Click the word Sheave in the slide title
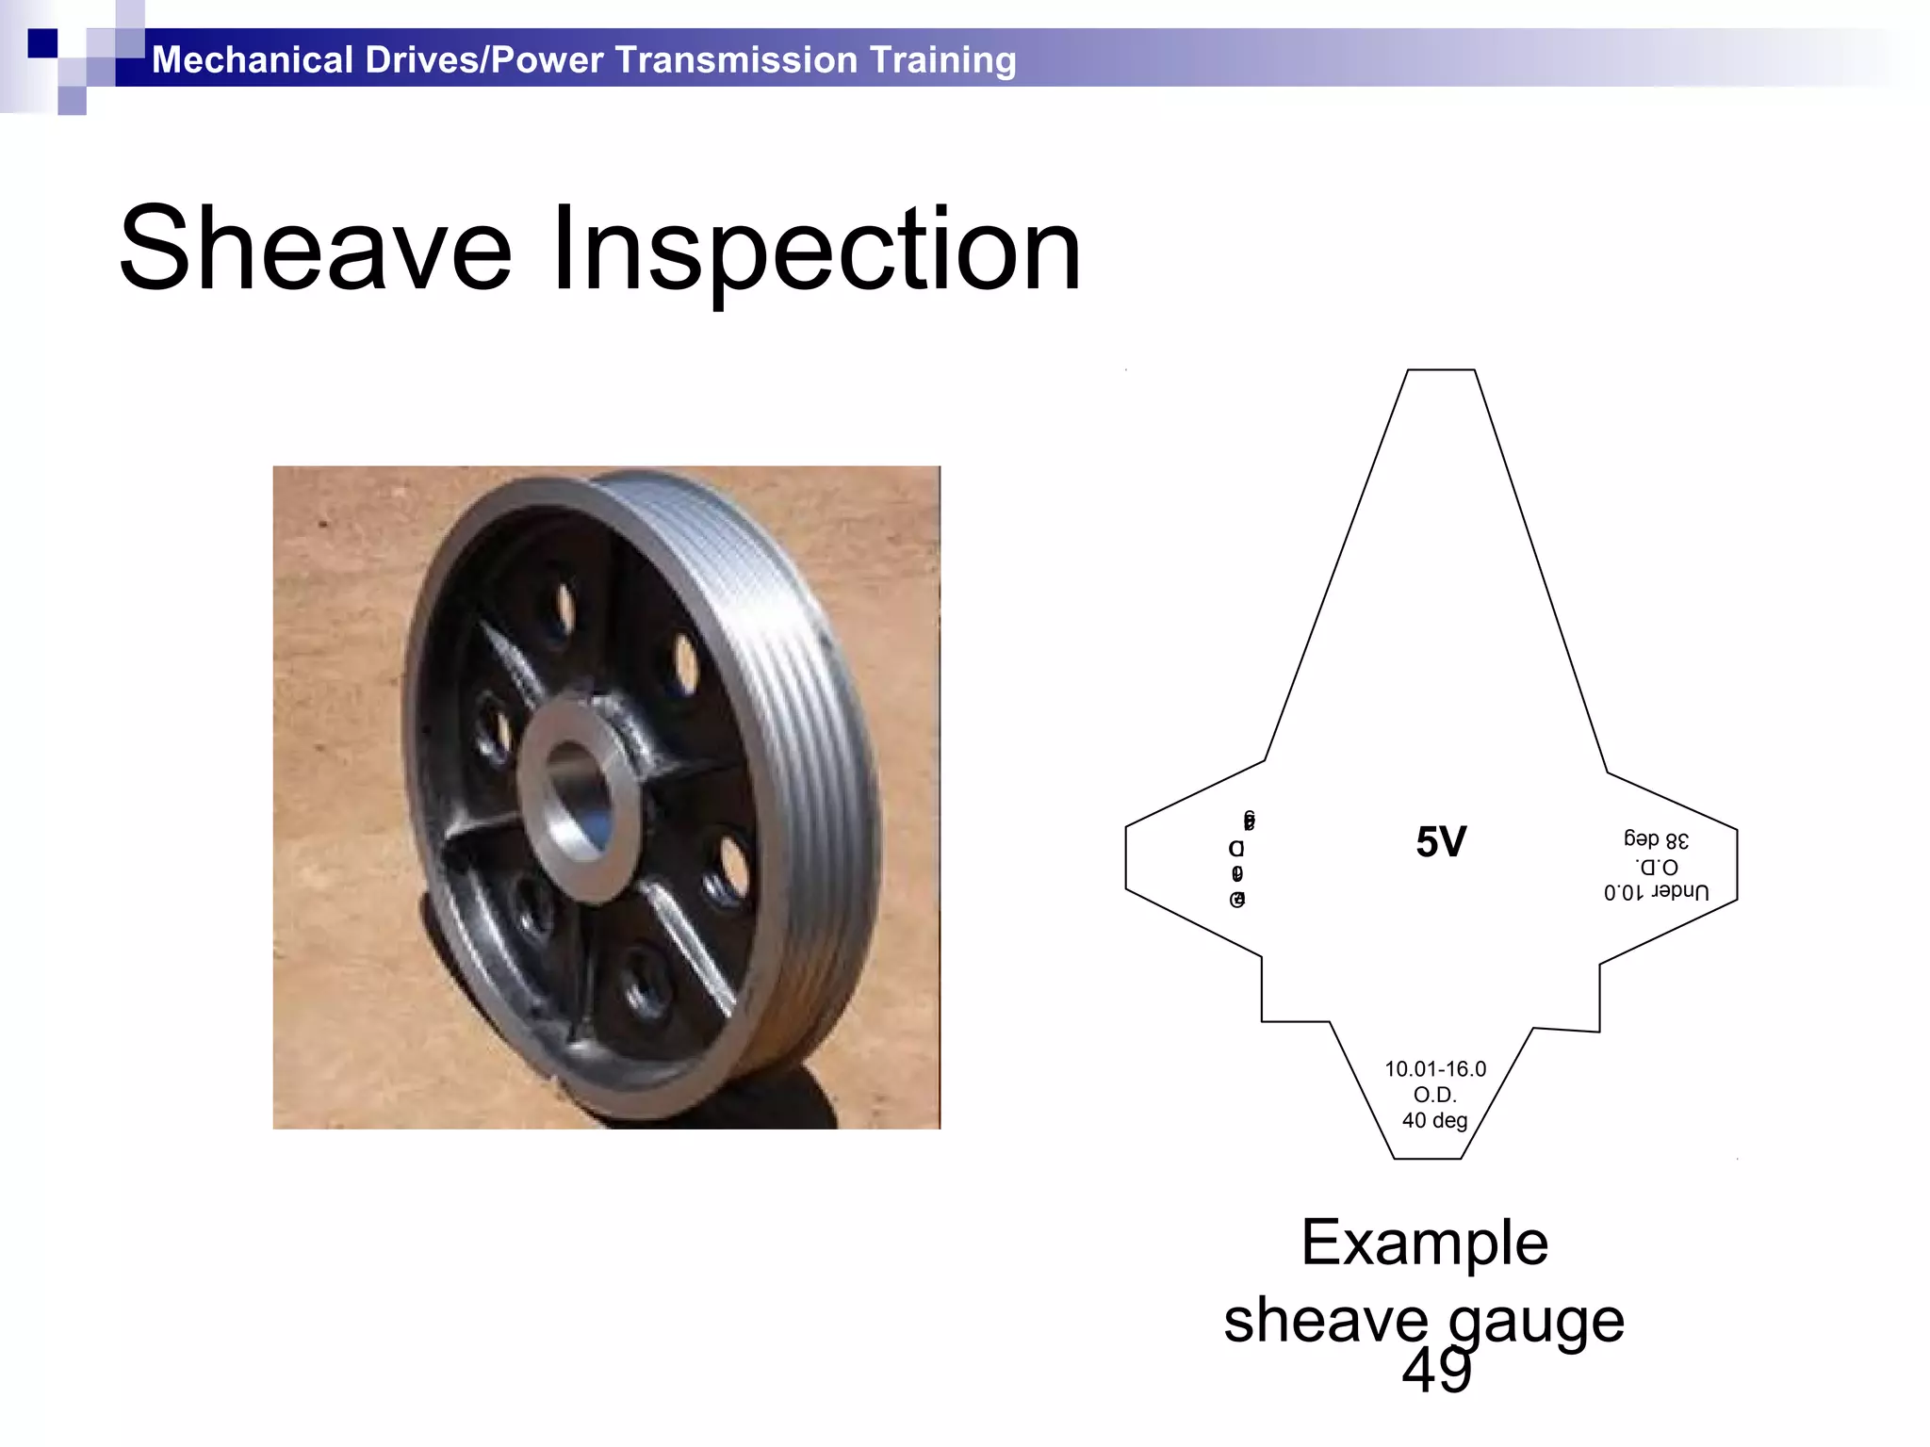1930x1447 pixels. (x=315, y=250)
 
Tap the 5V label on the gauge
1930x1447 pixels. (x=1441, y=842)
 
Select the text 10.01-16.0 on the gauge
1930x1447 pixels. (x=1434, y=1069)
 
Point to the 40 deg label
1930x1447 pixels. (x=1434, y=1121)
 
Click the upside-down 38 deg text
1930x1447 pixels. (x=1656, y=839)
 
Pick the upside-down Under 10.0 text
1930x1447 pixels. (x=1656, y=891)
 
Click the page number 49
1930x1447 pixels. (x=1436, y=1372)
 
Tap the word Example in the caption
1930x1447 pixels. (x=1424, y=1243)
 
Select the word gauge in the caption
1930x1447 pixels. (x=1536, y=1321)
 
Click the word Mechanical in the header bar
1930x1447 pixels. (x=252, y=60)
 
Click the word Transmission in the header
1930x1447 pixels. (x=737, y=60)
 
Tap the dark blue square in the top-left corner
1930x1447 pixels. (x=42, y=43)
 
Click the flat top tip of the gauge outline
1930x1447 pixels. (x=1441, y=371)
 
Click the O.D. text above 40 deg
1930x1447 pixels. (x=1434, y=1095)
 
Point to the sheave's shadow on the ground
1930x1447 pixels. (x=801, y=1102)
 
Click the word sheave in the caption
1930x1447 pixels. (x=1325, y=1321)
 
